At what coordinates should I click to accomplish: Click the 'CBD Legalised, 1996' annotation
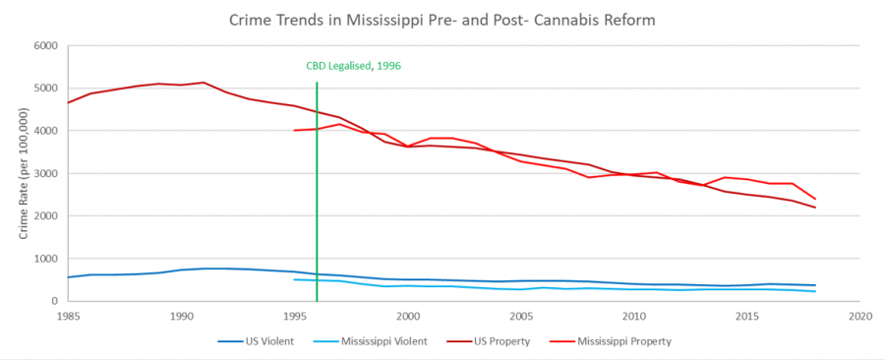(354, 66)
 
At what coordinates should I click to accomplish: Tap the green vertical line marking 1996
(317, 197)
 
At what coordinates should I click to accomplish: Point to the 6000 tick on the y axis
(45, 45)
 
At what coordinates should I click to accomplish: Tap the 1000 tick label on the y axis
(45, 259)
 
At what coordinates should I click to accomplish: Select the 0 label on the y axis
(54, 301)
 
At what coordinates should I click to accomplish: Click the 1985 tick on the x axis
(68, 317)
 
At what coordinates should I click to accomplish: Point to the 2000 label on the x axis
(407, 317)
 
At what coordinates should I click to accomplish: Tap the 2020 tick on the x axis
(860, 317)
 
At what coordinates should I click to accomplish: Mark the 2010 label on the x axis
(634, 317)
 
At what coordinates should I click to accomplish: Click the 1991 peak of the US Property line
(204, 83)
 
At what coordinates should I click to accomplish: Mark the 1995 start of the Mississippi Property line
(294, 130)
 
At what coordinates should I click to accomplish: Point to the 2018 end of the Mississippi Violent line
(815, 291)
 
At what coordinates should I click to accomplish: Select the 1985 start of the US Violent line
(68, 277)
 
